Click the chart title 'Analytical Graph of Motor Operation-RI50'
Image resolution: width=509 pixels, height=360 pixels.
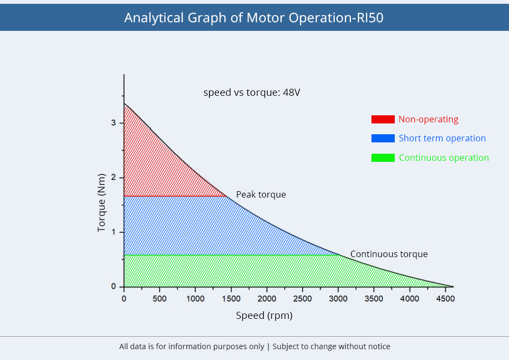tap(253, 17)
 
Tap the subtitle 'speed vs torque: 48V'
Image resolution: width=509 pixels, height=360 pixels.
tap(252, 93)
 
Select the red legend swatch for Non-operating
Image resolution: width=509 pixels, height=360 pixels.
tap(383, 120)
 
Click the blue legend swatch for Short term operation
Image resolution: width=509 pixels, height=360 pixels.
tap(383, 139)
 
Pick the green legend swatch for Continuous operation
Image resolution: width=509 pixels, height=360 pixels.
tap(383, 158)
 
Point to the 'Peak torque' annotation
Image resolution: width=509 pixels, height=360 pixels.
tap(261, 194)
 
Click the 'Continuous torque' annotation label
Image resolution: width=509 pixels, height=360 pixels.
tap(389, 254)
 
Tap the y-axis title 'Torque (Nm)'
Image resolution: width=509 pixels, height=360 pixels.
tap(101, 203)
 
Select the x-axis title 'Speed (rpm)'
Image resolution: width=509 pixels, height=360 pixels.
tap(264, 316)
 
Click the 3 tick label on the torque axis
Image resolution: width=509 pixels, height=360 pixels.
tap(114, 123)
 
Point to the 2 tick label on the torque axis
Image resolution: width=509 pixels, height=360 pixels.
tap(114, 178)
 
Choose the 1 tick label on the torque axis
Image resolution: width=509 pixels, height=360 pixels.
tap(114, 232)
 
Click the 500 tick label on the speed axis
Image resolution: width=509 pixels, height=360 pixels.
tap(159, 298)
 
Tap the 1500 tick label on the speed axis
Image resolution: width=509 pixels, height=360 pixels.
tap(231, 298)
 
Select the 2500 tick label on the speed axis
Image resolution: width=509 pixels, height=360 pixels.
tap(302, 298)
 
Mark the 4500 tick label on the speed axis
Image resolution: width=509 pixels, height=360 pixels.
tap(445, 298)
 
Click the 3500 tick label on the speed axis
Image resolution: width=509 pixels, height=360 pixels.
tap(374, 298)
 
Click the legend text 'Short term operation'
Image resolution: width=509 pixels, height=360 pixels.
tap(442, 139)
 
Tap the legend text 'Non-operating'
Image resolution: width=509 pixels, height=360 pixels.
tap(428, 120)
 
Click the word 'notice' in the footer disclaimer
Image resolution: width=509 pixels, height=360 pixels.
tap(379, 346)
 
